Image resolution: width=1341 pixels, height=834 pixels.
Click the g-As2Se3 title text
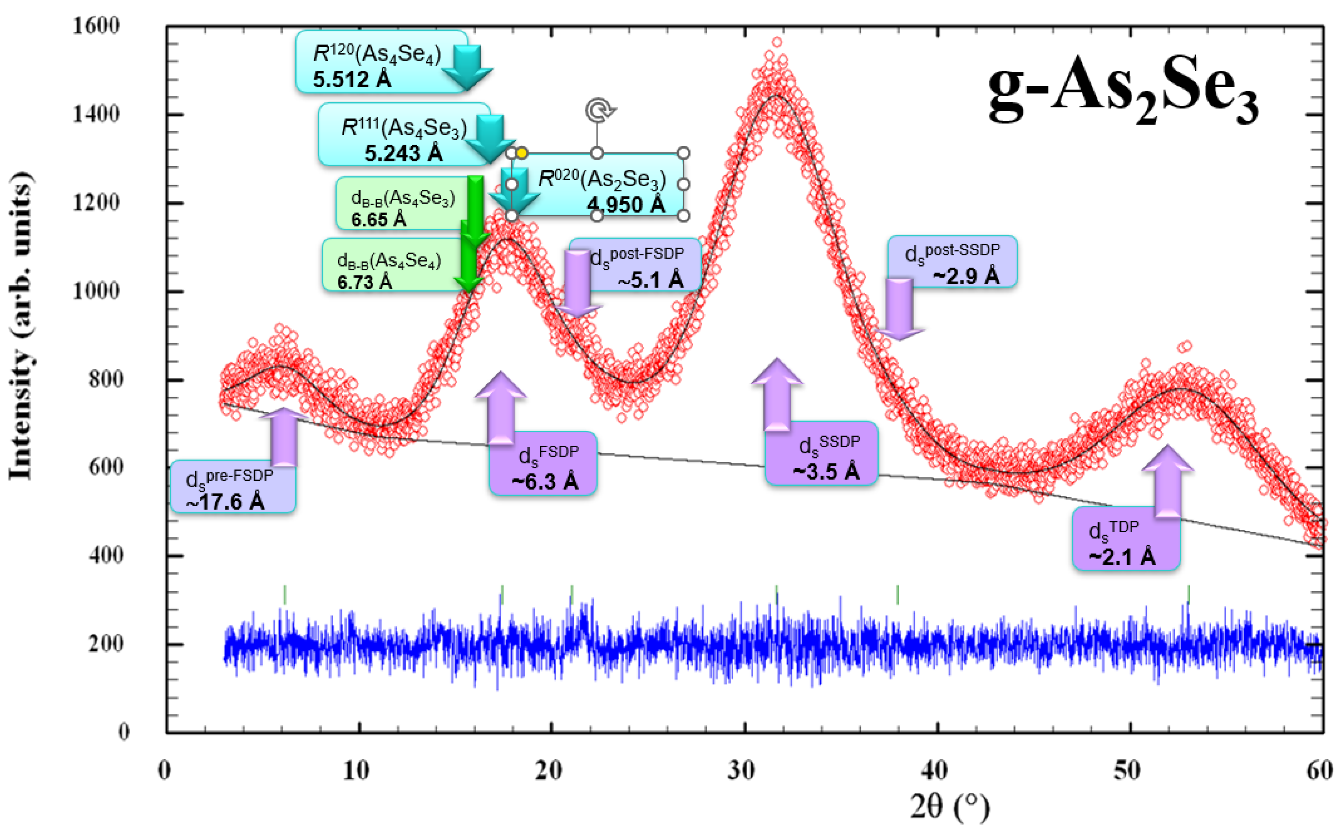1123,91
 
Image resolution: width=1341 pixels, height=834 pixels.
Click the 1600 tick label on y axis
96,26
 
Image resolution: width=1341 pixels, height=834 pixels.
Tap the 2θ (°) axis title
949,807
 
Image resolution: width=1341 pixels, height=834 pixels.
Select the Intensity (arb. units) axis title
21,325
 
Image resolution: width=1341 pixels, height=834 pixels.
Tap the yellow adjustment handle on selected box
522,153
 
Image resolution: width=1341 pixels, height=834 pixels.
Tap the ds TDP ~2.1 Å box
1126,538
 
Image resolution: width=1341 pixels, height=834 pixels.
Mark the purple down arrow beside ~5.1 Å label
577,284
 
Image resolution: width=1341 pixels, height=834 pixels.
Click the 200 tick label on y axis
105,643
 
